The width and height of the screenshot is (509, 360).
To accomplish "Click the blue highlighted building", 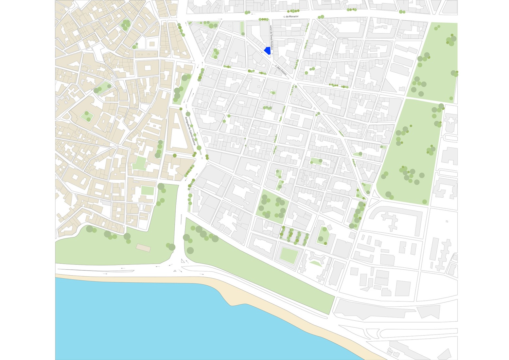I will (268, 50).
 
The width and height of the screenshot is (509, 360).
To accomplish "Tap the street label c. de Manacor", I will (291, 16).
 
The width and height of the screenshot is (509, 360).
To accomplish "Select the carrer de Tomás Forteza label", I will (271, 37).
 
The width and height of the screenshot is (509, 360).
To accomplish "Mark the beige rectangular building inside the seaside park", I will (143, 248).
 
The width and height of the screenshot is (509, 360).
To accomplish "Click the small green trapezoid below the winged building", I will (315, 263).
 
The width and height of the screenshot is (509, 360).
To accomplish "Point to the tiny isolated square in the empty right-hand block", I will (447, 222).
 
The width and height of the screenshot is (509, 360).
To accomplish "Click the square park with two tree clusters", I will (272, 207).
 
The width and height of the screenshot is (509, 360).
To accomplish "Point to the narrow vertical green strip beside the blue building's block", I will (242, 28).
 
